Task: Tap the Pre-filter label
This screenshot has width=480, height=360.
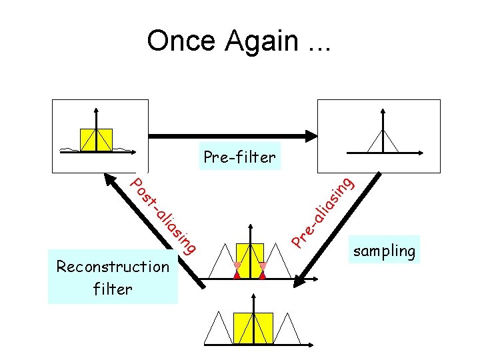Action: click(239, 157)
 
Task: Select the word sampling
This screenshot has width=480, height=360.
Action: click(385, 251)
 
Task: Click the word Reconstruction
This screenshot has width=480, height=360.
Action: click(113, 267)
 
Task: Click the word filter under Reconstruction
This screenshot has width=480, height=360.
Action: click(113, 289)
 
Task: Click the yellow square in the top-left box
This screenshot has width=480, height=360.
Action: click(97, 139)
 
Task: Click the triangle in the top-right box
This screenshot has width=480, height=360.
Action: click(383, 141)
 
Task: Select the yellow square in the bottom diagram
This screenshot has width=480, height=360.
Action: click(253, 327)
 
